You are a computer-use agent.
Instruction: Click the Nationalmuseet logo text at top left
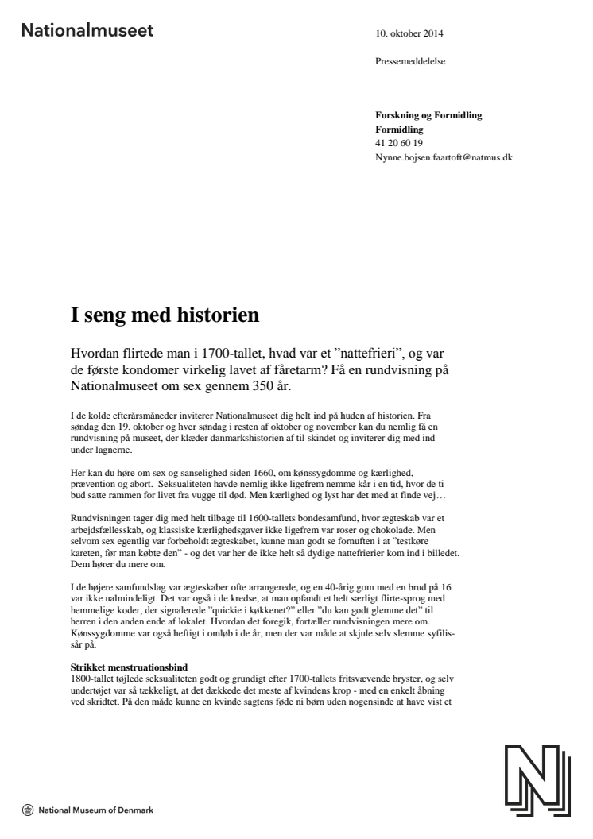pos(88,32)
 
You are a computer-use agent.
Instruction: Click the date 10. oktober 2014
pos(409,34)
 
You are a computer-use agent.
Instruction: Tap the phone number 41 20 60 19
pos(399,143)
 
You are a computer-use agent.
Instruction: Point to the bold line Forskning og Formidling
pos(428,116)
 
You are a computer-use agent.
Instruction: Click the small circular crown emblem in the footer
pos(29,811)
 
